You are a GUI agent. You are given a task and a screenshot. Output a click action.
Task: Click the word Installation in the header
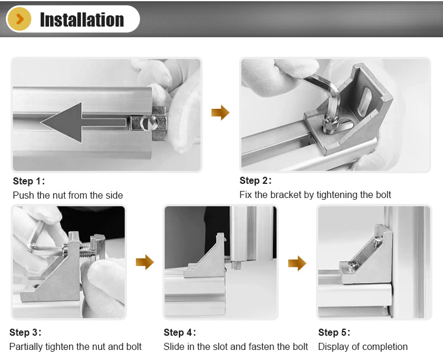tap(82, 20)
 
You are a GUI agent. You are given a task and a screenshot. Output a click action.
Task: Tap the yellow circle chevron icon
tap(19, 20)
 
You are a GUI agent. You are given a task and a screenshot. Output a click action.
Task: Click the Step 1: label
tap(29, 181)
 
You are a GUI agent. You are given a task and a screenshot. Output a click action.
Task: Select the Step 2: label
tap(255, 180)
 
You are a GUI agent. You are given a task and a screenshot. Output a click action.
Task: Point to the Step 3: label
tap(25, 332)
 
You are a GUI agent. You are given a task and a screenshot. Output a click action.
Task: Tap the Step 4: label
tap(180, 332)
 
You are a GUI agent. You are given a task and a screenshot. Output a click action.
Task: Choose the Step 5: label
tap(334, 332)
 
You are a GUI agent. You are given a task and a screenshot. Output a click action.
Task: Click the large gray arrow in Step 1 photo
tap(83, 122)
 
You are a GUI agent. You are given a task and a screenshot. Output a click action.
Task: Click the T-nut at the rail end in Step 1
tap(149, 124)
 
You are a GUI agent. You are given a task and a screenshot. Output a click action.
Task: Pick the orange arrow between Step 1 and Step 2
tap(220, 112)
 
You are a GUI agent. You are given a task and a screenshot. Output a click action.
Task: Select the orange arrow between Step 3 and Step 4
tap(145, 262)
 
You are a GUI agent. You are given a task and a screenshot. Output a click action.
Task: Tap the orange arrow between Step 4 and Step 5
tap(297, 263)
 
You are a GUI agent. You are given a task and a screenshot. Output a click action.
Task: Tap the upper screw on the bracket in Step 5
tap(378, 241)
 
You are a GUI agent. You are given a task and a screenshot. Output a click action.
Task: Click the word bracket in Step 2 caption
tap(286, 194)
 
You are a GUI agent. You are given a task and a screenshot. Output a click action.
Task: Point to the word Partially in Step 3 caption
tap(26, 347)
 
